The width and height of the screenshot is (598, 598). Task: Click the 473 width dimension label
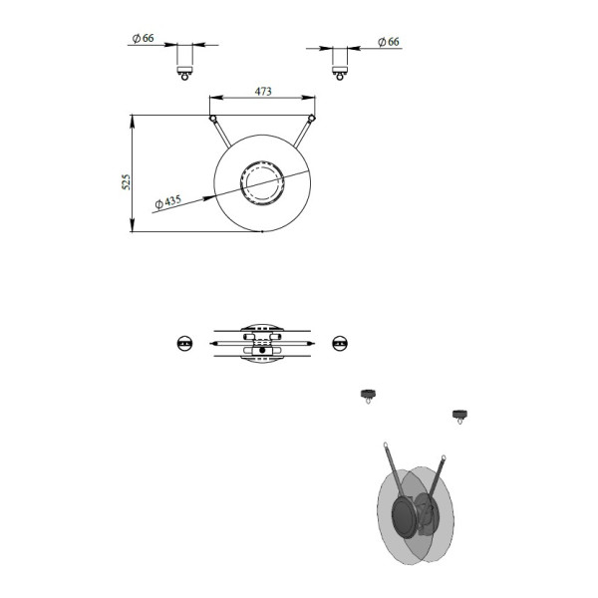[x=263, y=92]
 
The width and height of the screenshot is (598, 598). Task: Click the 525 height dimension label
[x=126, y=182]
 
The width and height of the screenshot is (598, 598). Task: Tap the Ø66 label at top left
[x=143, y=38]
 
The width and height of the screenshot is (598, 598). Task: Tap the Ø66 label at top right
[x=389, y=42]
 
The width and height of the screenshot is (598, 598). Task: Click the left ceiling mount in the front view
[x=185, y=73]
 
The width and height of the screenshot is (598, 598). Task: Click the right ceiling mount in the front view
[x=340, y=73]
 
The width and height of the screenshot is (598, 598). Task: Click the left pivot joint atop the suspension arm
[x=213, y=119]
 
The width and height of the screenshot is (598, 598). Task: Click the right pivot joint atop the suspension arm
[x=312, y=119]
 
